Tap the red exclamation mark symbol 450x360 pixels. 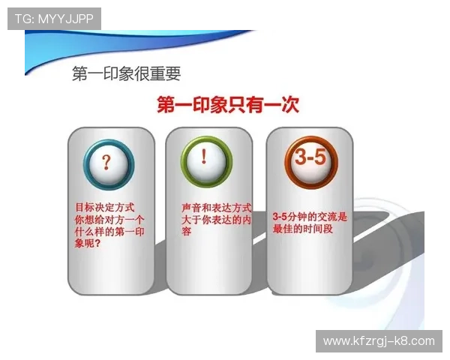tap(205, 157)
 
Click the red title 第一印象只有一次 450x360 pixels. tap(227, 104)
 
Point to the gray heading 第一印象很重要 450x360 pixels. tap(126, 73)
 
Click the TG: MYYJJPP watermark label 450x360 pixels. tap(54, 19)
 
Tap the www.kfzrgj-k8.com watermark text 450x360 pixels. tap(379, 341)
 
